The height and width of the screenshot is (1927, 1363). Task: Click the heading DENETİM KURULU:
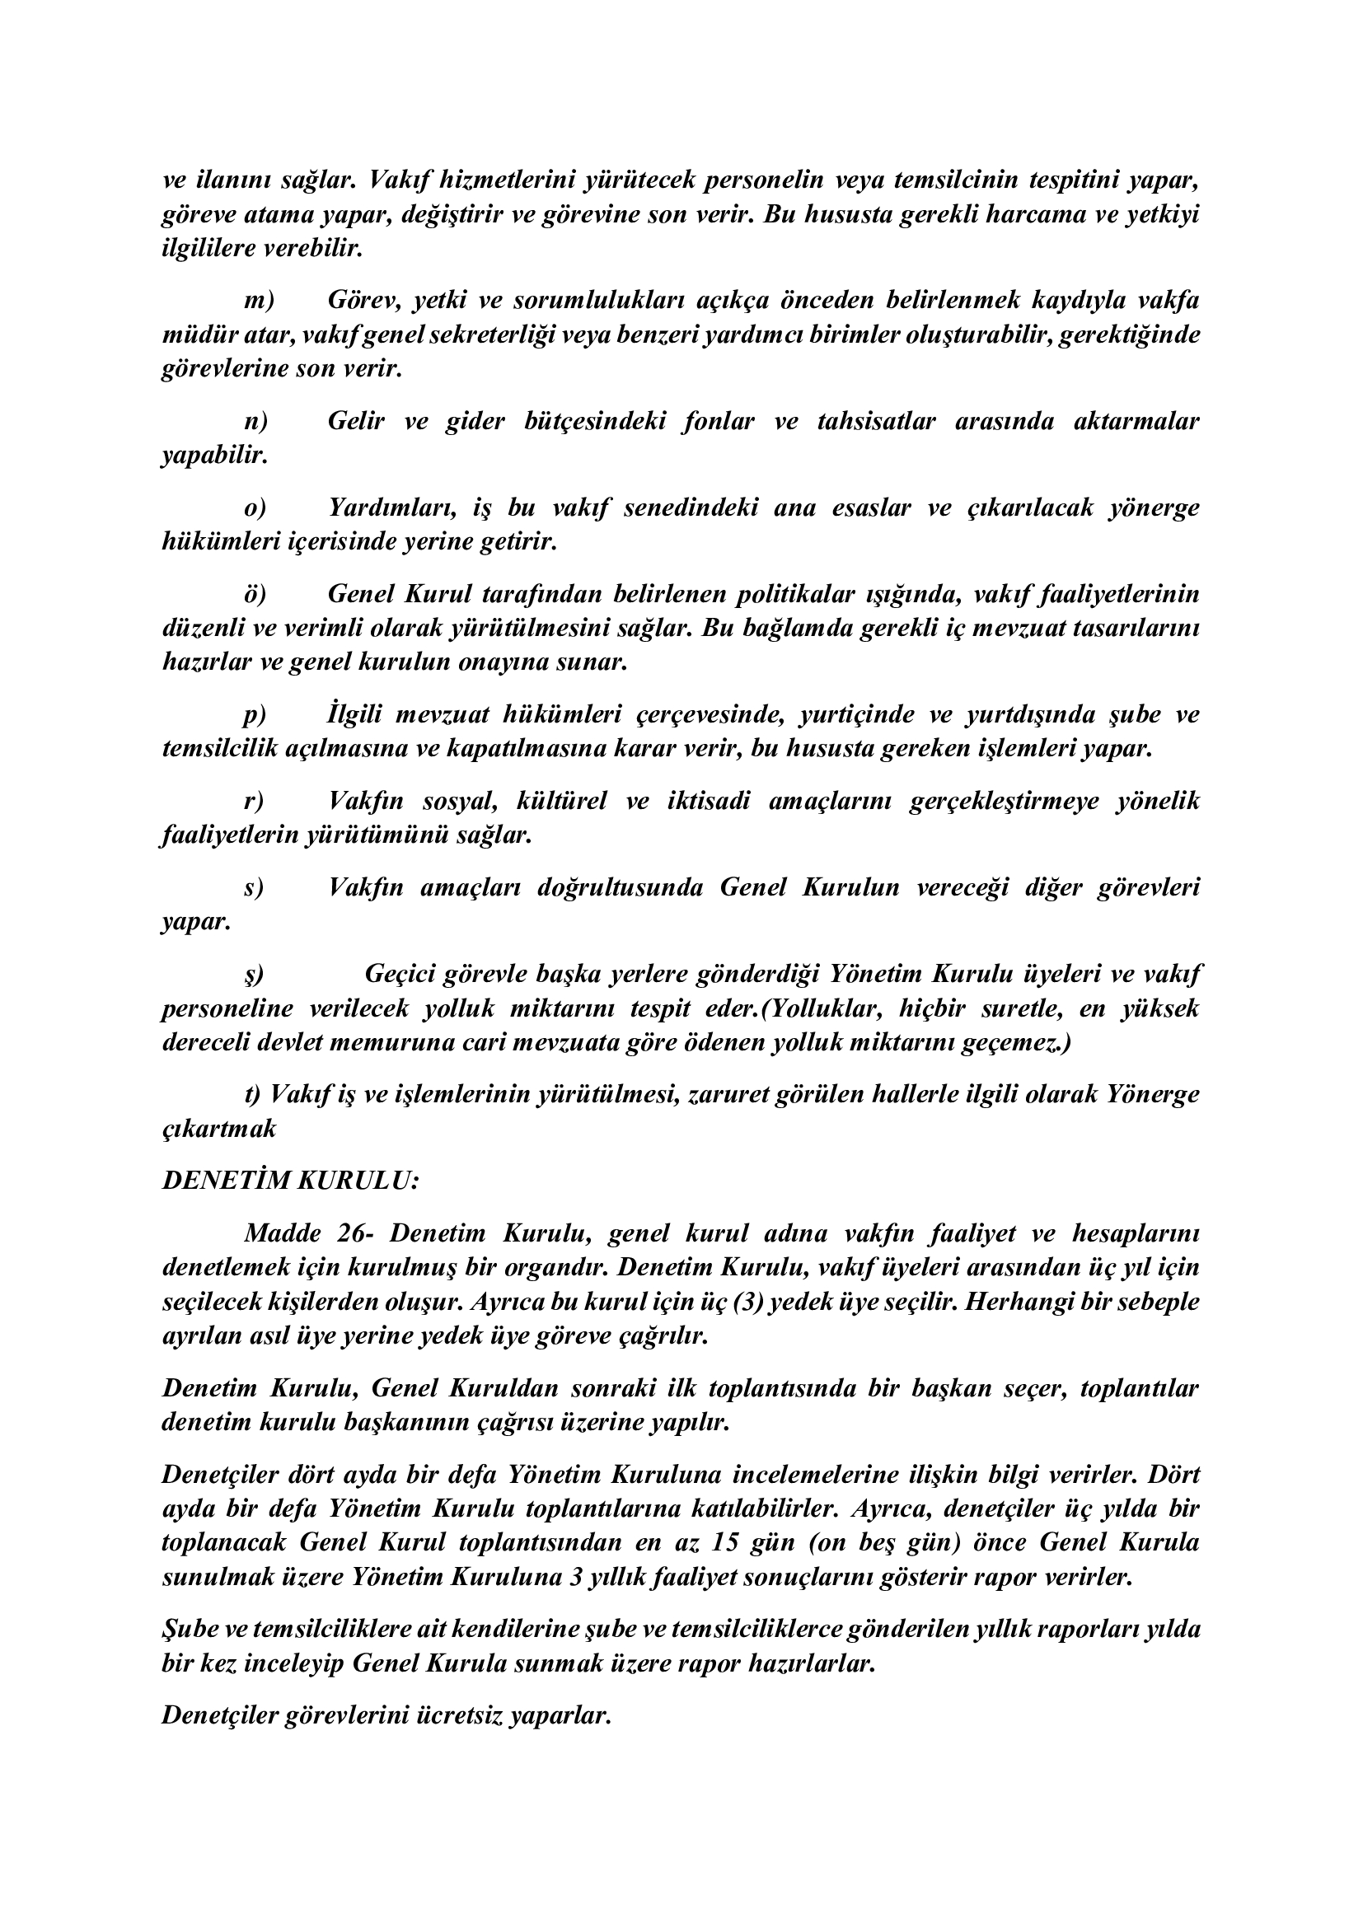tap(289, 1181)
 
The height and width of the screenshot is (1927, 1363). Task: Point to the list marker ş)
tap(255, 975)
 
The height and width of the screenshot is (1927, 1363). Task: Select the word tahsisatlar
tap(875, 421)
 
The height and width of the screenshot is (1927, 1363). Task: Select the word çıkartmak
tap(218, 1129)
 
